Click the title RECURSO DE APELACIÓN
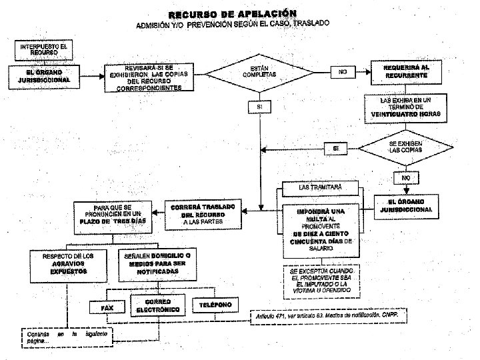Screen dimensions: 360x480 tap(233, 14)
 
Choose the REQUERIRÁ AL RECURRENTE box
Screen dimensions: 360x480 tap(405, 71)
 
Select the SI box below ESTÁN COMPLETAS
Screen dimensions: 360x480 tap(259, 107)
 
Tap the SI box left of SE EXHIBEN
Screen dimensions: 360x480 tap(335, 147)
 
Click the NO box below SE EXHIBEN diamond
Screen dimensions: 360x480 tap(405, 178)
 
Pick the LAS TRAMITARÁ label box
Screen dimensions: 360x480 tap(320, 188)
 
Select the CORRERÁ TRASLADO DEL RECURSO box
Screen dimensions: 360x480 tap(203, 214)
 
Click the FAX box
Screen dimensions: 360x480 tap(107, 308)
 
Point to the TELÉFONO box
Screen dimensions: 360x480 tap(215, 305)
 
